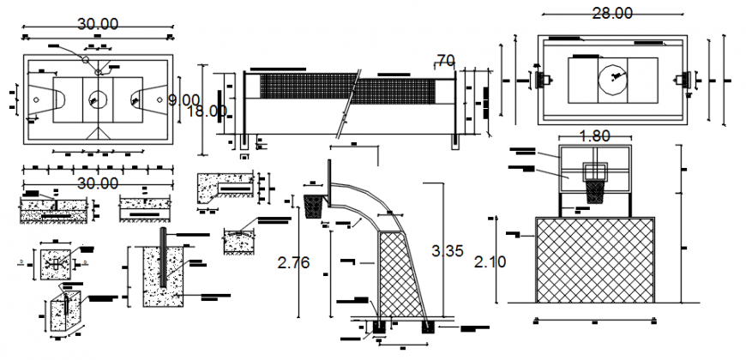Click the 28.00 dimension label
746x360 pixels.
pyautogui.click(x=611, y=13)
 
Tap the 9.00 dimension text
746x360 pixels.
pyautogui.click(x=183, y=100)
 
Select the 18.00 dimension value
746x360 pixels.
pyautogui.click(x=207, y=111)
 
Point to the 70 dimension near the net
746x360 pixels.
pyautogui.click(x=445, y=60)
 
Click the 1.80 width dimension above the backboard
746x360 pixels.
pyautogui.click(x=595, y=135)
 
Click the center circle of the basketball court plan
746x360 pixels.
pyautogui.click(x=98, y=99)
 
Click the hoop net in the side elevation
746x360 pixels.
pyautogui.click(x=315, y=206)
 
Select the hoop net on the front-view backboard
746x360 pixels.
pyautogui.click(x=594, y=190)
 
